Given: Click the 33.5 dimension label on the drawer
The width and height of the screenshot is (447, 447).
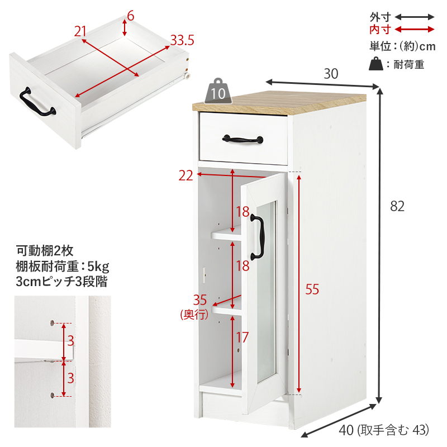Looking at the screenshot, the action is [x=182, y=40].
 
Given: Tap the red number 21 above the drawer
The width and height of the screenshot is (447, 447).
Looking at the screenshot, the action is [x=80, y=31].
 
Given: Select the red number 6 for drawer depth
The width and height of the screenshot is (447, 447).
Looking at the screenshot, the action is [x=131, y=16].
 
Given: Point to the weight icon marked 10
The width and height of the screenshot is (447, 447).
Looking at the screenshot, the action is [x=218, y=91].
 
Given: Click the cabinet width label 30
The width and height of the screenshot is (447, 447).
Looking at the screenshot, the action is [x=331, y=74].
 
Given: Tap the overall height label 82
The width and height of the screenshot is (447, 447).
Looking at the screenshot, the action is [x=397, y=206].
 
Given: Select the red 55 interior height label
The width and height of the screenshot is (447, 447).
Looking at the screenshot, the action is [x=312, y=289].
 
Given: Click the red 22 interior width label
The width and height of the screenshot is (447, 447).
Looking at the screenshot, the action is [x=186, y=175].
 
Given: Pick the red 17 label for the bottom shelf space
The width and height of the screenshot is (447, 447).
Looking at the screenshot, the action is [x=242, y=337].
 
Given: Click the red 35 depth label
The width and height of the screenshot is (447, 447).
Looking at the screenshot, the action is [x=199, y=300].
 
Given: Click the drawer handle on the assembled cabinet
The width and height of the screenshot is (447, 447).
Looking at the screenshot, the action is [x=242, y=140].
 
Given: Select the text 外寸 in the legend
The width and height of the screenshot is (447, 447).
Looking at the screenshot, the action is [x=380, y=17].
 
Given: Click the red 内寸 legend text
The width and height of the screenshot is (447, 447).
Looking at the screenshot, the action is [x=380, y=30].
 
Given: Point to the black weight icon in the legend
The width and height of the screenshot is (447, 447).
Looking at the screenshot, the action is [x=375, y=64].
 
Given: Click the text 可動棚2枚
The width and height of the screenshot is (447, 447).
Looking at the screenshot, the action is [x=45, y=251].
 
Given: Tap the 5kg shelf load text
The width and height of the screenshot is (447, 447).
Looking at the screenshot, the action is [x=98, y=267].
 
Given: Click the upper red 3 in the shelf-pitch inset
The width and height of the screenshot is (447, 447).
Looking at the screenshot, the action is [x=71, y=341].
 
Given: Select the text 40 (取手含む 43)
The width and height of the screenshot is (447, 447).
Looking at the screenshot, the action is [x=384, y=430].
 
